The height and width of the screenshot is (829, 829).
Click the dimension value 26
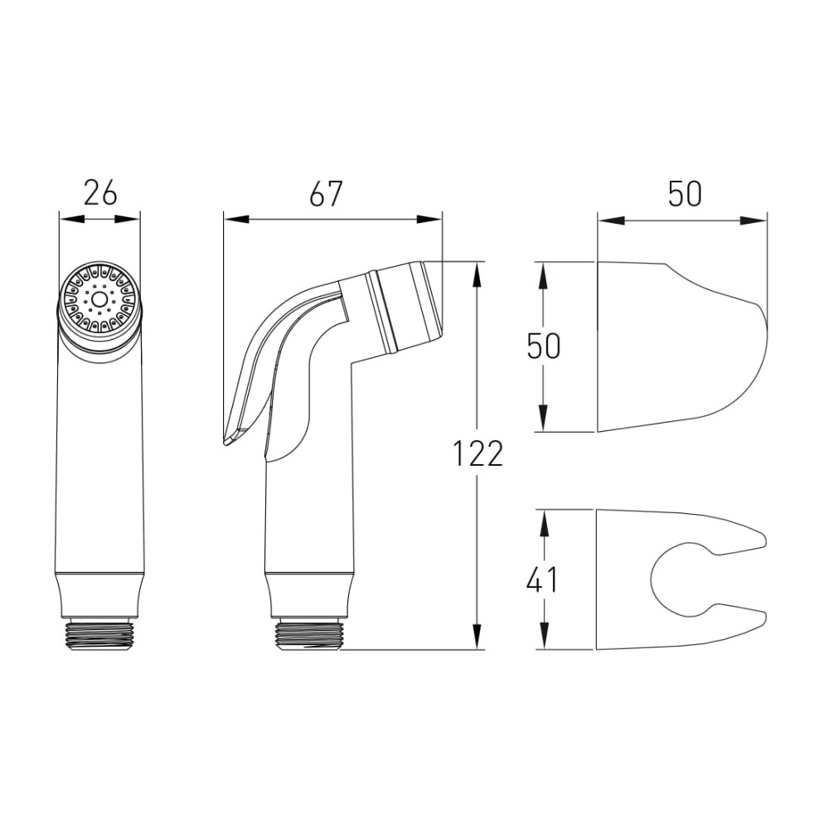click(100, 193)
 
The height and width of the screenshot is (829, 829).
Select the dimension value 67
click(326, 193)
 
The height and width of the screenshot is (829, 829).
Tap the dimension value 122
click(478, 453)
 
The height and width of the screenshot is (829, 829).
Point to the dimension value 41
click(542, 579)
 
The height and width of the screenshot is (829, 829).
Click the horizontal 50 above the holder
click(685, 193)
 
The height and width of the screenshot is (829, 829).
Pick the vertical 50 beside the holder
click(544, 347)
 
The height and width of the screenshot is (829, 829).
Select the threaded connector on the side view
click(309, 635)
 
